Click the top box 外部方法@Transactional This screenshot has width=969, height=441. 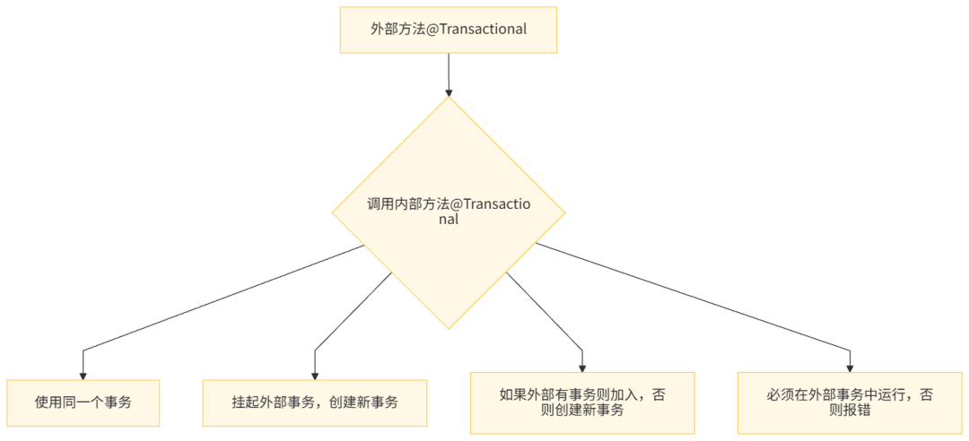click(448, 29)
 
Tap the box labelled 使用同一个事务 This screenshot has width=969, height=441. click(83, 402)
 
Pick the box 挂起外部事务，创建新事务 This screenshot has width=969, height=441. click(314, 402)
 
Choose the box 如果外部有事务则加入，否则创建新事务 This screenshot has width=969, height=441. click(582, 402)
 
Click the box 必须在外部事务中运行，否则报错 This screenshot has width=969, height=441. click(850, 402)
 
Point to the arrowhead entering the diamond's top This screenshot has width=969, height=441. click(448, 91)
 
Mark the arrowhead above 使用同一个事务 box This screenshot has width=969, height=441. click(83, 374)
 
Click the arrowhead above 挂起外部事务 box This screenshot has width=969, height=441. click(314, 374)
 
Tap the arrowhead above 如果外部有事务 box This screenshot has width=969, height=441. click(582, 367)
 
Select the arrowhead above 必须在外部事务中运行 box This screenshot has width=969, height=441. click(850, 367)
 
